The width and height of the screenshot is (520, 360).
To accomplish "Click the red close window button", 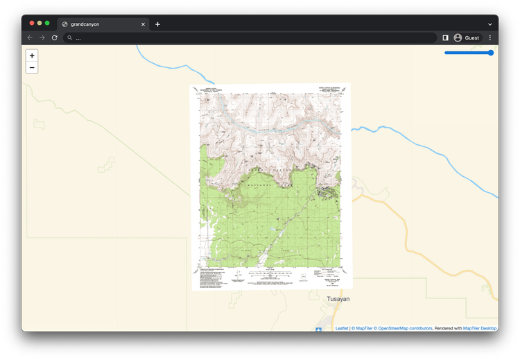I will (32, 24).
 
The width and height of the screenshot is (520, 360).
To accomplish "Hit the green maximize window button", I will (48, 24).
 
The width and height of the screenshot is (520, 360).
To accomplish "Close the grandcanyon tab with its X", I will (144, 24).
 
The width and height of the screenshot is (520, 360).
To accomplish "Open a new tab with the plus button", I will (157, 24).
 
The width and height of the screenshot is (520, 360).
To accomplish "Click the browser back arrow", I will (30, 37).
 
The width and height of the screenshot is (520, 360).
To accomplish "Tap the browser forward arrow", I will (42, 37).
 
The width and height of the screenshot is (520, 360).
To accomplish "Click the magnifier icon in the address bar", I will (70, 38).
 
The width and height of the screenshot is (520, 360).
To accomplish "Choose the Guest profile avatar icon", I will (458, 37).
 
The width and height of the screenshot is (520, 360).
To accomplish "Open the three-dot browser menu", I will (490, 37).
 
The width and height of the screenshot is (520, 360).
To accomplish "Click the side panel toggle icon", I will (445, 37).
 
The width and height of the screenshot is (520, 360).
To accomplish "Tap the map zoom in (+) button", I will (32, 55).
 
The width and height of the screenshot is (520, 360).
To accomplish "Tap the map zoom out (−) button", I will (32, 67).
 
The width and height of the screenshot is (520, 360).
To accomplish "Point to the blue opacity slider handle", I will (491, 53).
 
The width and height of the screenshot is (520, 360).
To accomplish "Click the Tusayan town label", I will (338, 299).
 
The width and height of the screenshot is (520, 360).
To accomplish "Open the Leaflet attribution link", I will (342, 328).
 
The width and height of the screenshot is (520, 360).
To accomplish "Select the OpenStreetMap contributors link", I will (403, 328).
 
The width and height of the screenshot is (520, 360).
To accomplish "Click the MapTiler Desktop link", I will (480, 328).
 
